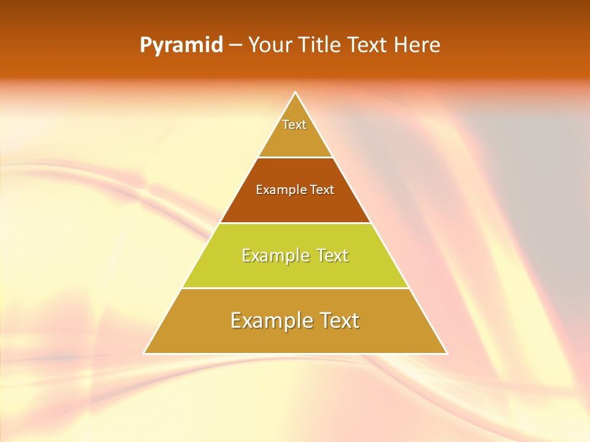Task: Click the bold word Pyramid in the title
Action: [181, 45]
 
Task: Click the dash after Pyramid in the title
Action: [235, 45]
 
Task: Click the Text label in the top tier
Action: [294, 125]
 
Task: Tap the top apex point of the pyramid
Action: [295, 93]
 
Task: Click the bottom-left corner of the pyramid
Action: [144, 354]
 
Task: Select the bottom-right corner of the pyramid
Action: [447, 354]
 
